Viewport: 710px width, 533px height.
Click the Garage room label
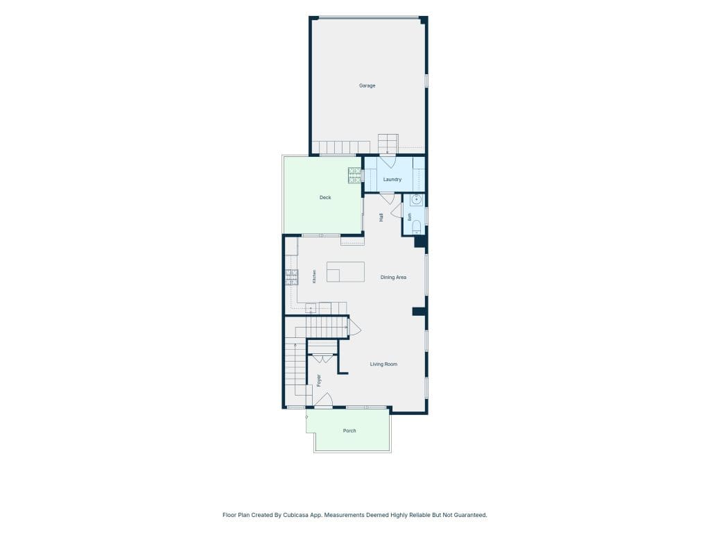click(x=367, y=85)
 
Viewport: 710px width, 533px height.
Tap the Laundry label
click(x=392, y=180)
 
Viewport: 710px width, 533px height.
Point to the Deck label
click(x=325, y=198)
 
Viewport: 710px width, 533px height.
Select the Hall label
click(x=381, y=217)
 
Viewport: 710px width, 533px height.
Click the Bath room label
click(x=410, y=217)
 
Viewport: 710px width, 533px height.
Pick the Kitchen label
click(x=314, y=276)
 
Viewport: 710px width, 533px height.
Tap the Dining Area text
click(x=393, y=278)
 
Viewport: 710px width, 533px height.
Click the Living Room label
click(x=383, y=364)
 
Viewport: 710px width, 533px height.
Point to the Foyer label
click(x=319, y=380)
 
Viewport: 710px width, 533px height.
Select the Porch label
click(x=349, y=430)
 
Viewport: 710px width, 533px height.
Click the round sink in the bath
click(x=417, y=200)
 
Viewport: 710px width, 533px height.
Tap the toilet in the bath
click(x=417, y=227)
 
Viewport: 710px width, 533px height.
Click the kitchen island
click(x=345, y=272)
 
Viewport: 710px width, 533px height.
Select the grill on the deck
click(x=355, y=176)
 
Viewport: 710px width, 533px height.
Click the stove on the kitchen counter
click(x=291, y=277)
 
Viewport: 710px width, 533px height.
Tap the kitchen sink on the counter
click(x=311, y=309)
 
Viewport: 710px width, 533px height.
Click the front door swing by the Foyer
click(x=324, y=400)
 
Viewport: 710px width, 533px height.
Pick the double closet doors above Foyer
click(x=323, y=359)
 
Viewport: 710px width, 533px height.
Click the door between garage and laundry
click(x=388, y=162)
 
